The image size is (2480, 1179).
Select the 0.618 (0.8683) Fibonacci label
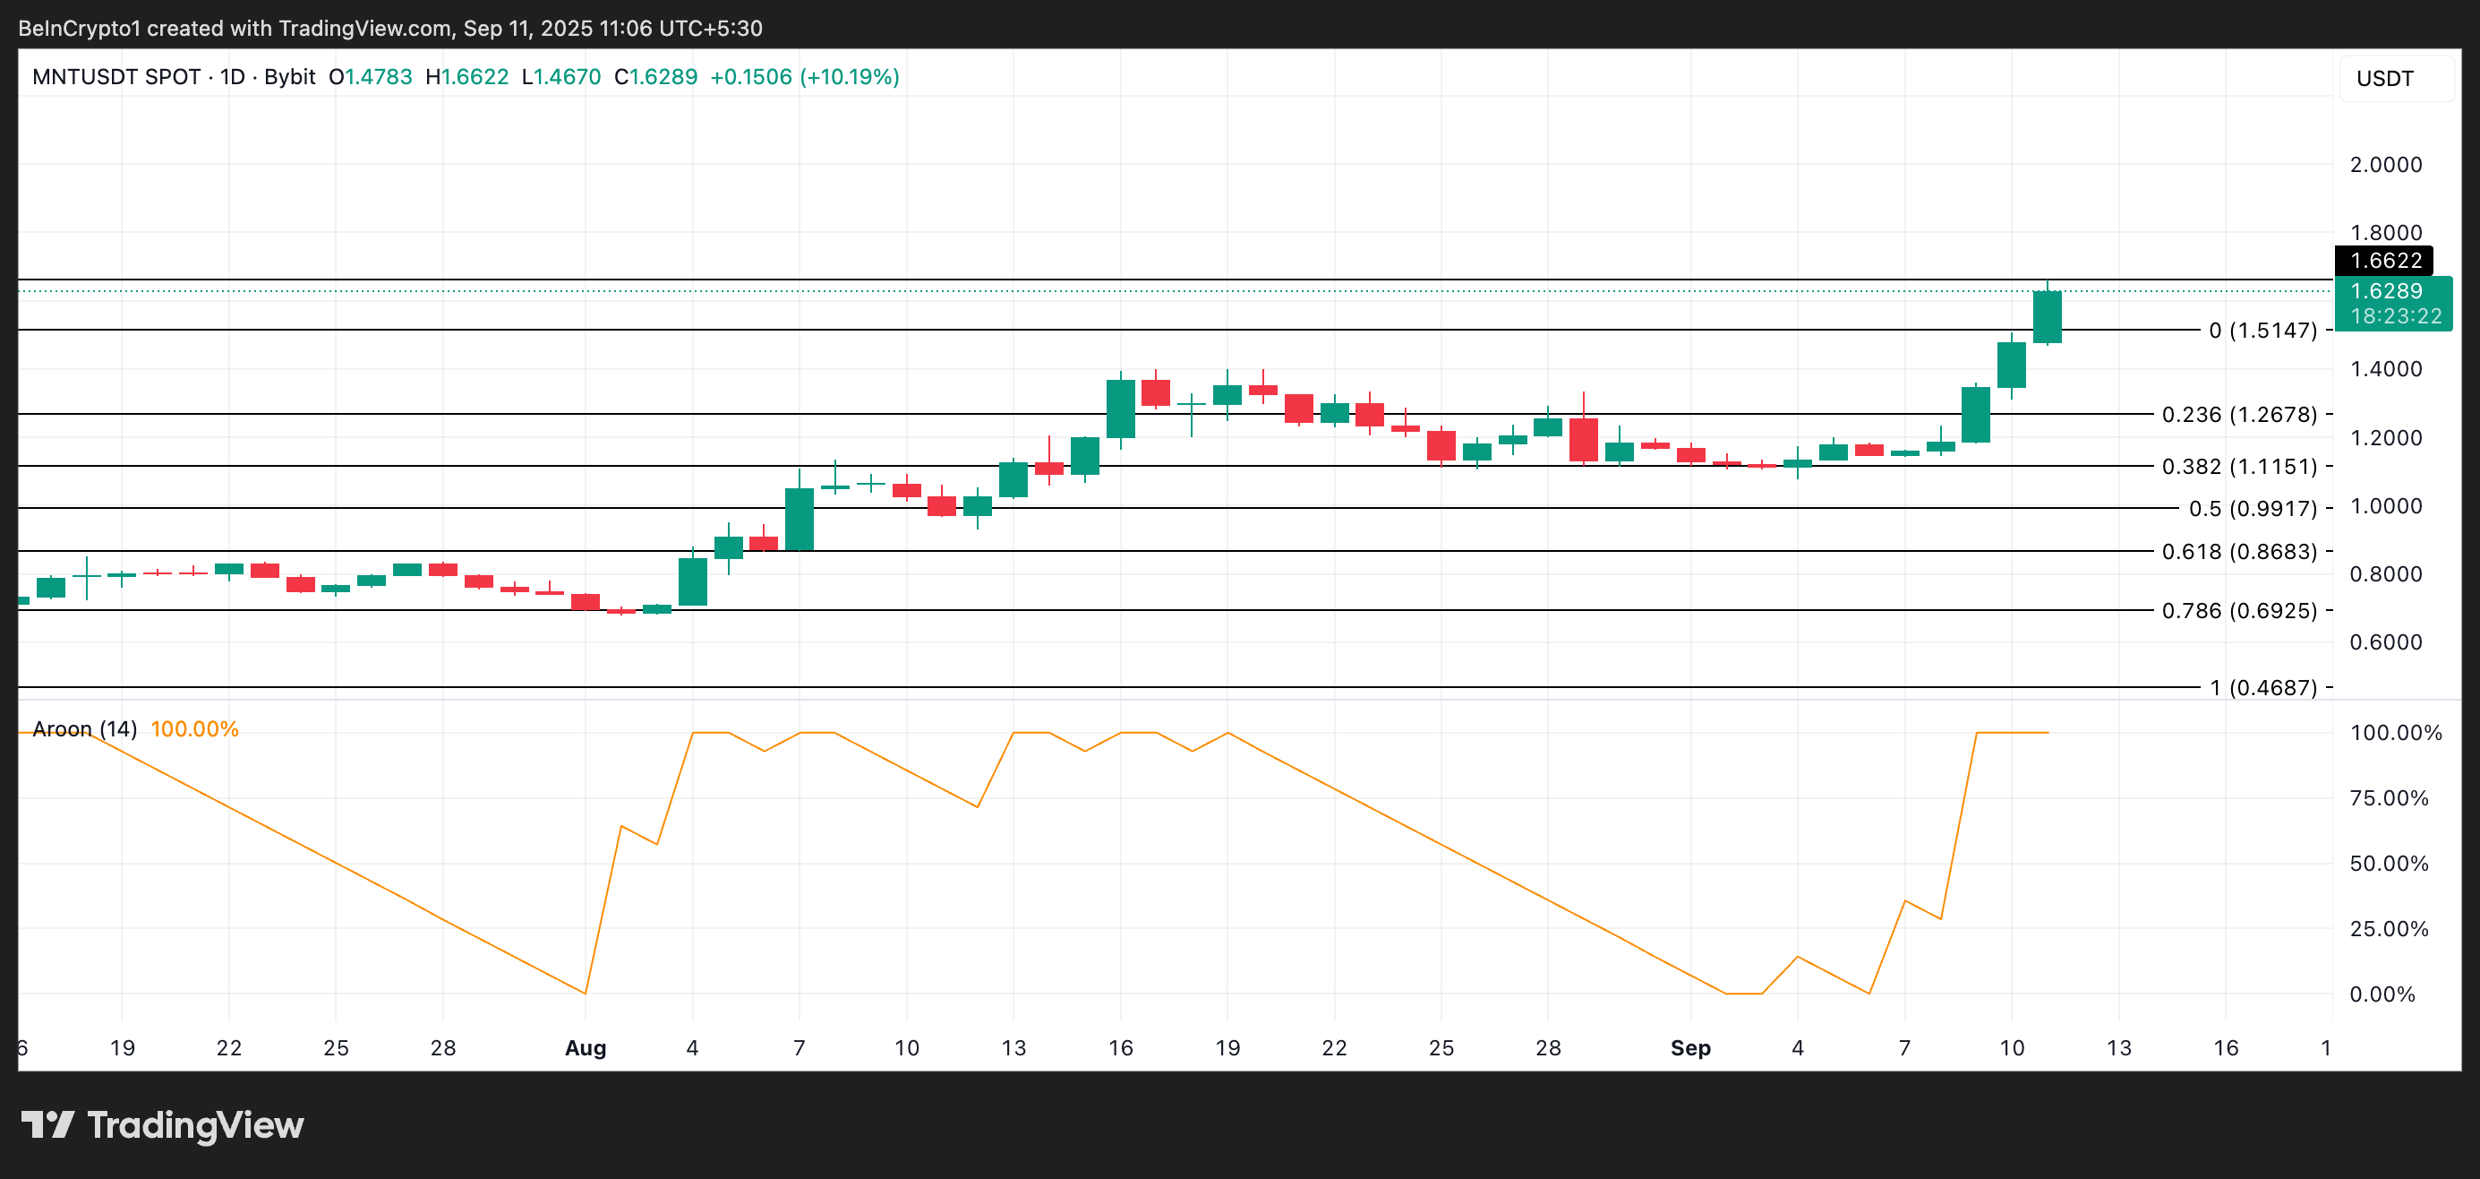click(2238, 552)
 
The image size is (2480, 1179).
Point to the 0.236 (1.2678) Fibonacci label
click(2238, 414)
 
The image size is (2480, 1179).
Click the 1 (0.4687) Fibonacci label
click(2262, 688)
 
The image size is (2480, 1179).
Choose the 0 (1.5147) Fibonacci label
click(2262, 331)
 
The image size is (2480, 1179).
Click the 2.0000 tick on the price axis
click(2385, 165)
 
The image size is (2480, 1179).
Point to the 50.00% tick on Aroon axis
click(2388, 864)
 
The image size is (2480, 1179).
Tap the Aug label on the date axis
click(585, 1048)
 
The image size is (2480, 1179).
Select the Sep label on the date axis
click(1689, 1048)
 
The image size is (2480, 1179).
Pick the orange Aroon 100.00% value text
click(194, 729)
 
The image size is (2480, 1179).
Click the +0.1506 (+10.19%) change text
click(804, 77)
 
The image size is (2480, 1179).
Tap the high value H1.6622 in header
click(467, 77)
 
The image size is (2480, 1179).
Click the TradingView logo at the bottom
click(162, 1125)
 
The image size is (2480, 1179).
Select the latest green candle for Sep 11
click(2047, 317)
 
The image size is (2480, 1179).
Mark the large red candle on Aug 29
click(1583, 439)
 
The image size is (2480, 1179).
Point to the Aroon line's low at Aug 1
click(586, 992)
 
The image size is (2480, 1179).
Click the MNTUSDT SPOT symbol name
click(115, 77)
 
